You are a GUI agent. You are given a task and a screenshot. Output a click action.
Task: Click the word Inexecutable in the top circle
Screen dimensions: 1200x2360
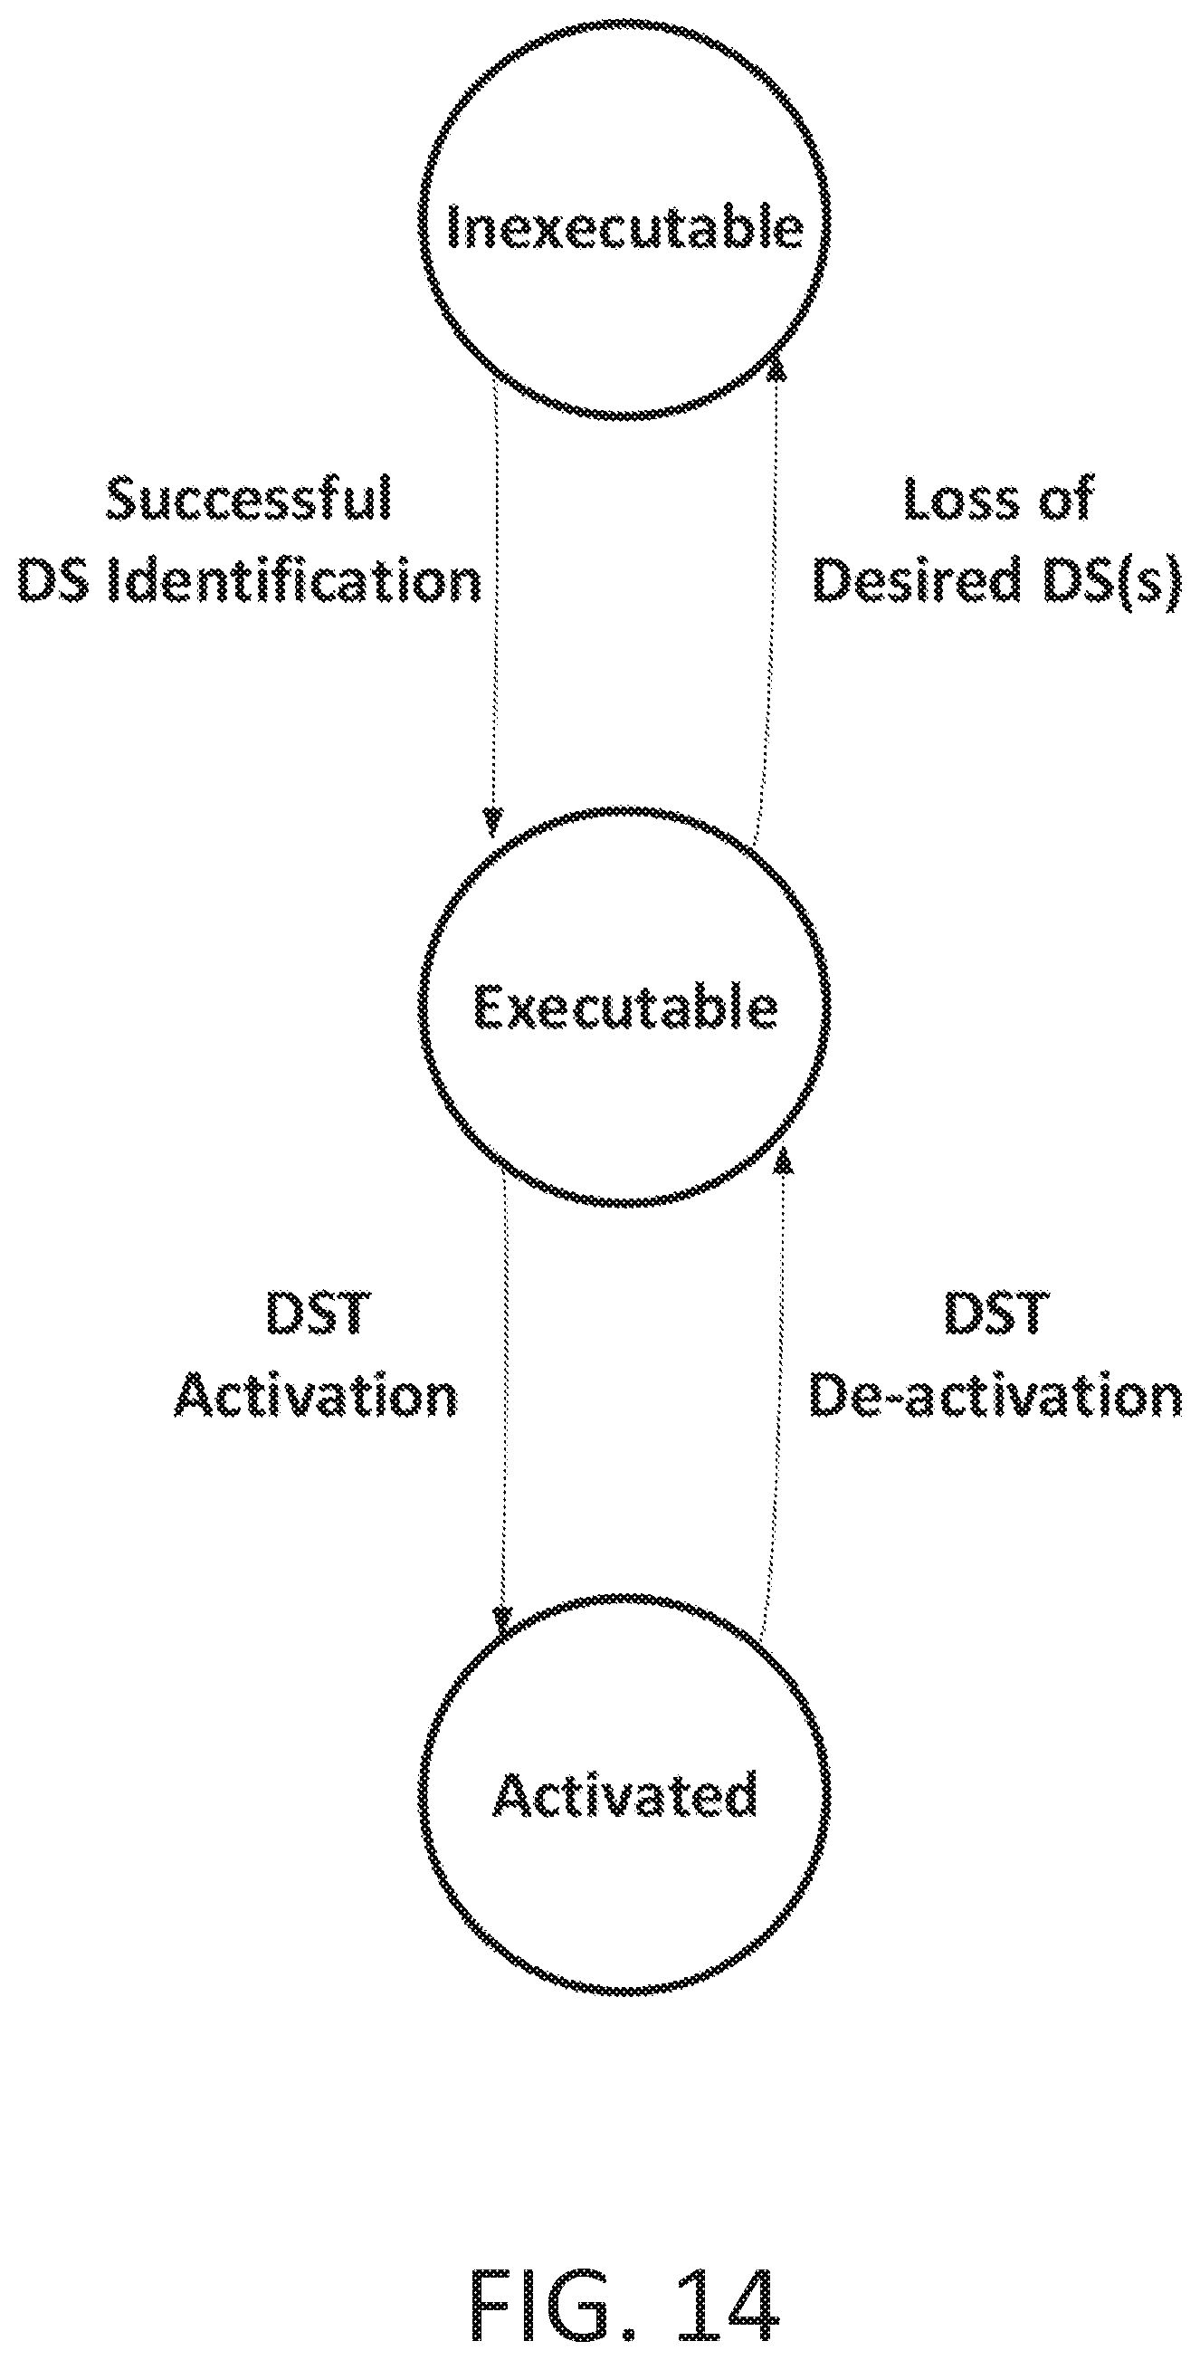tap(625, 225)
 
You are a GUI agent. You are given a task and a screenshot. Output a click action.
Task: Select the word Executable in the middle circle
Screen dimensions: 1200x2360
tap(625, 1007)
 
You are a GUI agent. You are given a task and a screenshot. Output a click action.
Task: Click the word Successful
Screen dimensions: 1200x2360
tap(249, 500)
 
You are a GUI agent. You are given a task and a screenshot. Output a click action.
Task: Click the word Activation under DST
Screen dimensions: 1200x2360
tap(317, 1396)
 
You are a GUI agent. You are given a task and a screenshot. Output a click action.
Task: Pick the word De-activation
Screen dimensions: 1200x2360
tap(995, 1396)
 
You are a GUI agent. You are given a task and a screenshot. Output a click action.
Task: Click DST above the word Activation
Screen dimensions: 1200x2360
tap(318, 1314)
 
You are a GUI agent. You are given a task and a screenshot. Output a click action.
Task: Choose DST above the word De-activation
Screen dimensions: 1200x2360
tap(995, 1314)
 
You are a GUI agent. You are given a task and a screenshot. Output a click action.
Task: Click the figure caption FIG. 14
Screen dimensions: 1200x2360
tap(624, 2298)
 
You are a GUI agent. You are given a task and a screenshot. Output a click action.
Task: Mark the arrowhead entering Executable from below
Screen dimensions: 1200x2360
tap(784, 1161)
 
